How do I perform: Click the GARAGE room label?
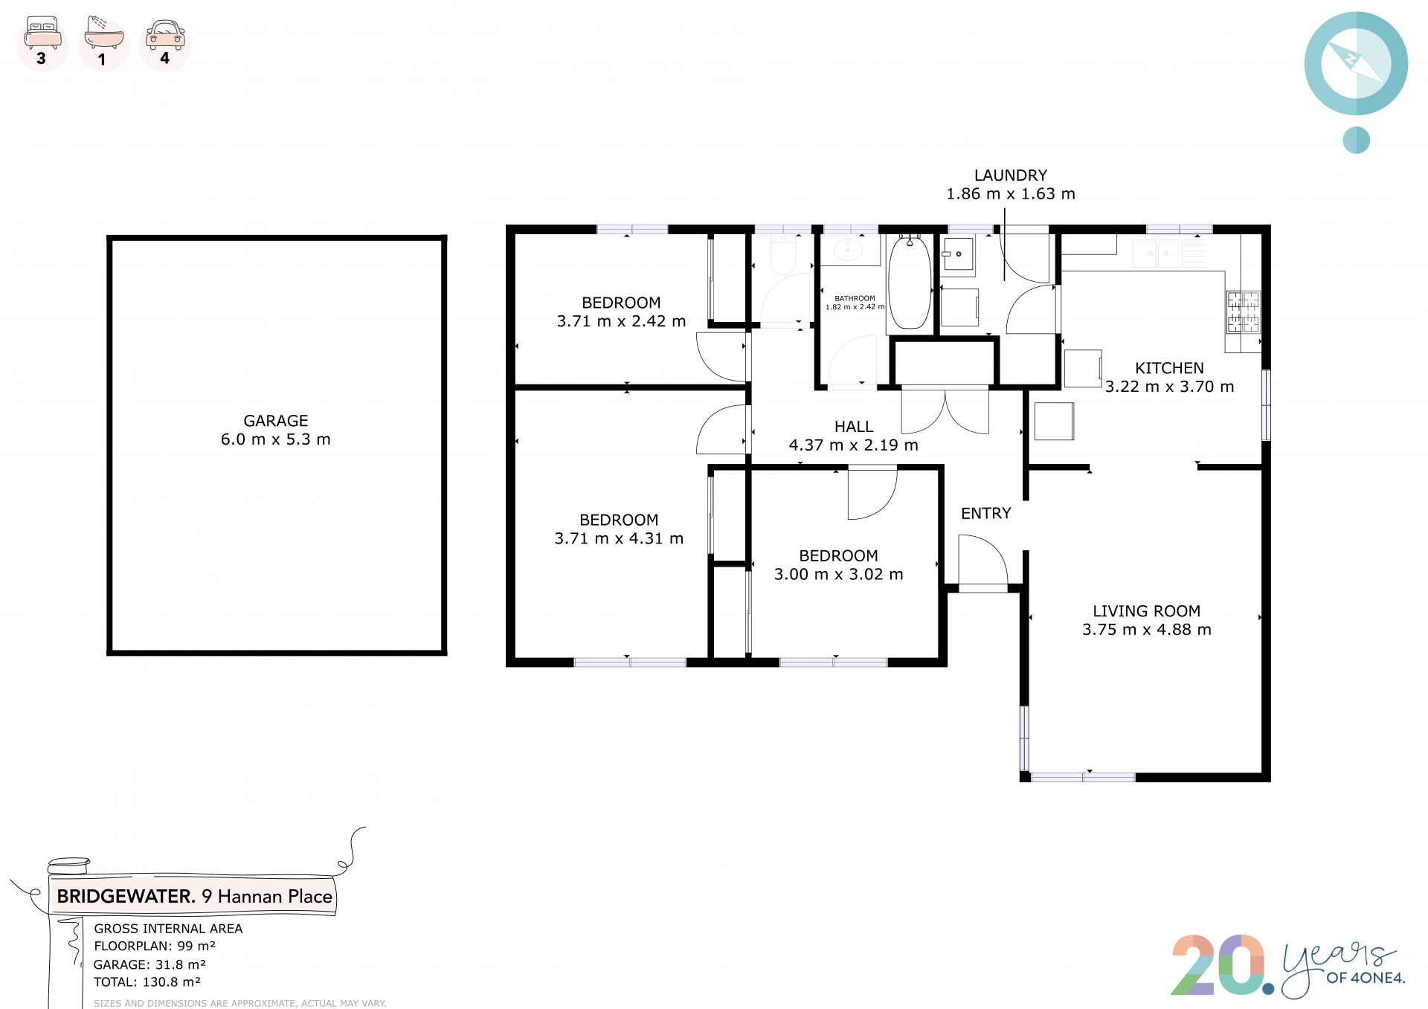pyautogui.click(x=276, y=421)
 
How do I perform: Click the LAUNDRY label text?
pyautogui.click(x=1011, y=175)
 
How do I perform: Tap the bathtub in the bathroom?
pyautogui.click(x=910, y=282)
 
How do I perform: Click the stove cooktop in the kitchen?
pyautogui.click(x=1243, y=312)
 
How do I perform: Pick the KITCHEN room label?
pyautogui.click(x=1169, y=368)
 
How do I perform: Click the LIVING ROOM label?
pyautogui.click(x=1147, y=611)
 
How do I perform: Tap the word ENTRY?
pyautogui.click(x=986, y=514)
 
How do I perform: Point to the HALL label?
pyautogui.click(x=854, y=427)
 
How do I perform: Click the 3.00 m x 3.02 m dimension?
pyautogui.click(x=839, y=575)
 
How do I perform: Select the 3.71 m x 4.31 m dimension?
pyautogui.click(x=619, y=538)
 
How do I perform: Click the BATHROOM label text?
pyautogui.click(x=855, y=298)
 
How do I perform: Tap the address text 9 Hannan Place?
pyautogui.click(x=267, y=897)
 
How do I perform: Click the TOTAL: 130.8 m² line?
pyautogui.click(x=147, y=982)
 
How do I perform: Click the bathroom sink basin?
pyautogui.click(x=848, y=250)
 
